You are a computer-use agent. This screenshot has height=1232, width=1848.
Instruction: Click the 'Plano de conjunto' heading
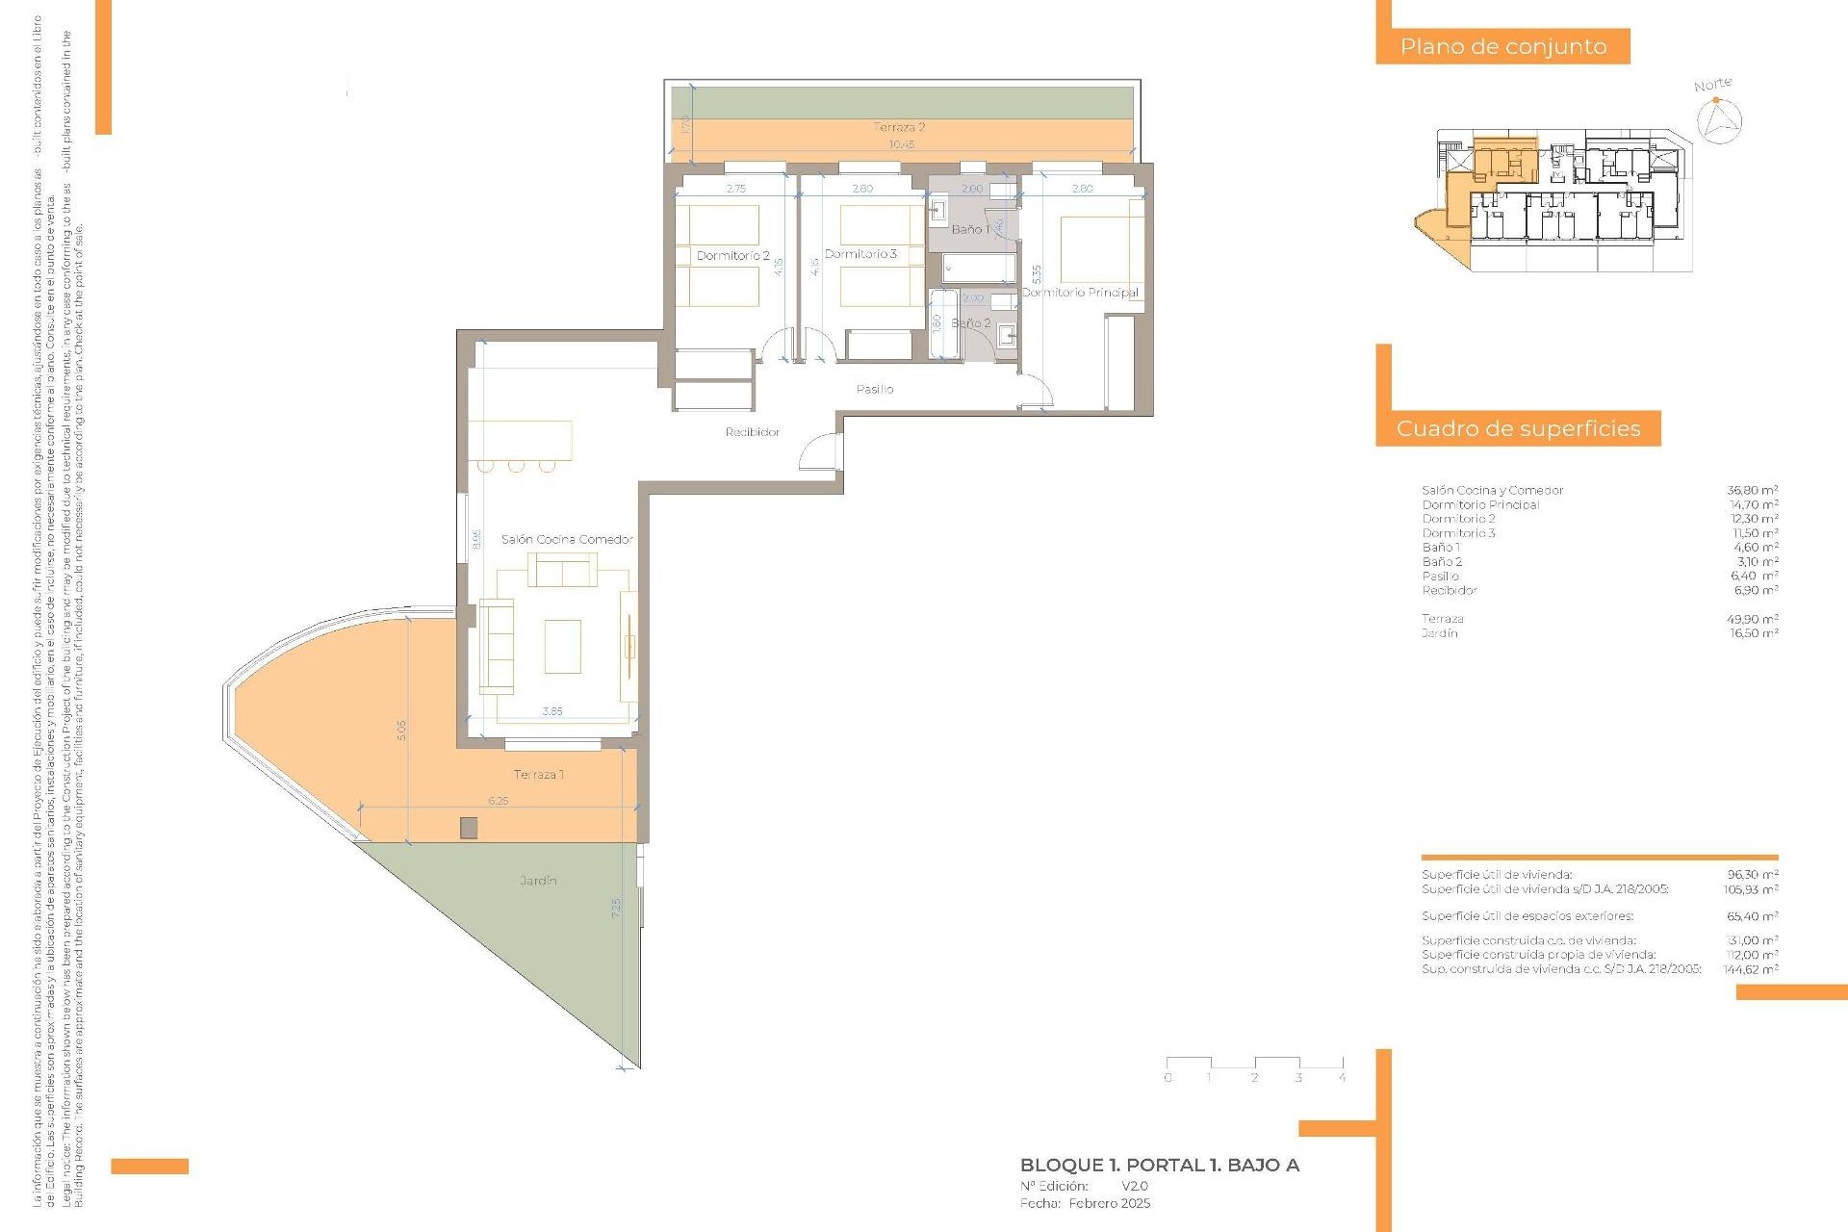[1502, 46]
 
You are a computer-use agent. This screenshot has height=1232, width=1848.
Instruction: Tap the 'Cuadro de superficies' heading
[1518, 428]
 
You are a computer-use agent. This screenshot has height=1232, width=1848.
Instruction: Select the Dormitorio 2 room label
[733, 256]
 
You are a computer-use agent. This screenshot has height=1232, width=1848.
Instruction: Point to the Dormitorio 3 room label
[860, 254]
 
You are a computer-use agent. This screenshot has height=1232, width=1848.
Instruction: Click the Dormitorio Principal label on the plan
[1080, 292]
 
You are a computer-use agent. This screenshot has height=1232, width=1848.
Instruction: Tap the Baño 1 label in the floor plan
[969, 229]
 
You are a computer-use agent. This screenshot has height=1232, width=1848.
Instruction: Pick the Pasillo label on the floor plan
[875, 389]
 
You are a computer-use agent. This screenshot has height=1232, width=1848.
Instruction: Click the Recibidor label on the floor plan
[753, 432]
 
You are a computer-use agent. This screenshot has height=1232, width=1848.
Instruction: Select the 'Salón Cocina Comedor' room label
[567, 539]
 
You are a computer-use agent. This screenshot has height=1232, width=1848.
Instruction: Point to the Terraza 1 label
[538, 774]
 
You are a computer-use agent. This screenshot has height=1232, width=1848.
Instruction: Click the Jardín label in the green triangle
[538, 880]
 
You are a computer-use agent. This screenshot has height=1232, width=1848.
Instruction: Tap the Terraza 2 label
[899, 127]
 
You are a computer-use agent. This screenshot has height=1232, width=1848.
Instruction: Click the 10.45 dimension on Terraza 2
[901, 144]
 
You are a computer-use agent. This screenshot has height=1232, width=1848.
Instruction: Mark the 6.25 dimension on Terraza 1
[498, 800]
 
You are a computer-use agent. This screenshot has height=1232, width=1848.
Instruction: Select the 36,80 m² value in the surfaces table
[1752, 490]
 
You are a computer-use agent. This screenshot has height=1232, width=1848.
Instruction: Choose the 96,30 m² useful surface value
[1752, 875]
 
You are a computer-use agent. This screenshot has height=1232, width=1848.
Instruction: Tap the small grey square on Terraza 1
[469, 828]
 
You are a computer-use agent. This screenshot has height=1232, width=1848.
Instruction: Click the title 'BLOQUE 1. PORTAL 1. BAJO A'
[1159, 1165]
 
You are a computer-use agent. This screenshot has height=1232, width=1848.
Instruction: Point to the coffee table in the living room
[562, 646]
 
